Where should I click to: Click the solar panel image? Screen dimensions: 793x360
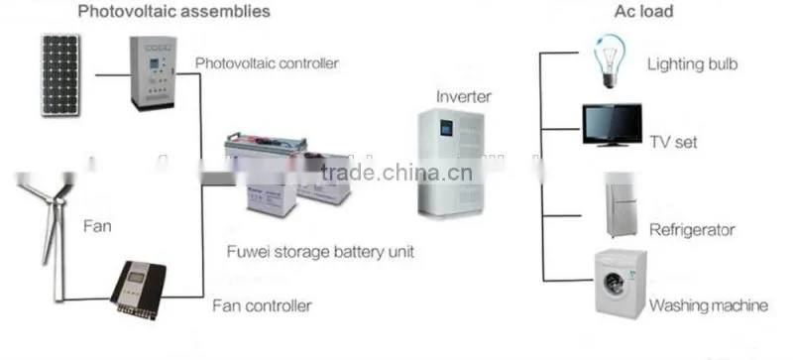[60, 74]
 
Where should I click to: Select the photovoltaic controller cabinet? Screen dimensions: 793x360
[154, 73]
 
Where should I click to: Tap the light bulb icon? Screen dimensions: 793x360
[610, 60]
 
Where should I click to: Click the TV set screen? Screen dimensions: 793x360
[612, 123]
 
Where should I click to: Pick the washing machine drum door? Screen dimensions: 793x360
[614, 283]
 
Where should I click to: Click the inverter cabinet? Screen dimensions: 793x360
[452, 163]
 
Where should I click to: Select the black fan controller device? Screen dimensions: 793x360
[138, 290]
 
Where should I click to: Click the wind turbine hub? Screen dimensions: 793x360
[59, 201]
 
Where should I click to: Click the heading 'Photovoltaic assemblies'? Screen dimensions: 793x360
[174, 11]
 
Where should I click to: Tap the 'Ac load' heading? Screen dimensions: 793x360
[643, 11]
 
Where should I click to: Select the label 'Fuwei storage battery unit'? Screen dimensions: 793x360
[320, 252]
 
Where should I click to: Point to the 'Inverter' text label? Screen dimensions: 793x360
[463, 96]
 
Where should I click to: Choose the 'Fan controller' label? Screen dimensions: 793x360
[262, 305]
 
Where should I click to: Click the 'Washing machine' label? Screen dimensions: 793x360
[709, 305]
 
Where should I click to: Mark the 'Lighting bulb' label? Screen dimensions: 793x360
[692, 64]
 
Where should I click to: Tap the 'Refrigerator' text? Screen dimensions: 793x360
[692, 230]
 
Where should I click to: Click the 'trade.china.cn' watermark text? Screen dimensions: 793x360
[396, 173]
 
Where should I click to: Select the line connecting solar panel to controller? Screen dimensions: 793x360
[112, 75]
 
